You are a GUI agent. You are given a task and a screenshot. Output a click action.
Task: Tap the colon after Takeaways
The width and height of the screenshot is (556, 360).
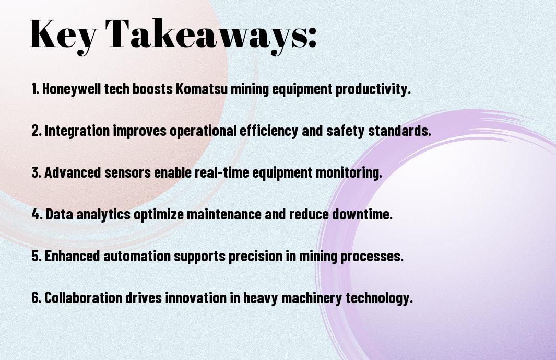tap(312, 38)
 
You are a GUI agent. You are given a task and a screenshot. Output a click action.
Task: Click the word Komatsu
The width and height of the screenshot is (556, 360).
tap(202, 89)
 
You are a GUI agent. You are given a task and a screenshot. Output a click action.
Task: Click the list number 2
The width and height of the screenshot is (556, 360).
tap(36, 131)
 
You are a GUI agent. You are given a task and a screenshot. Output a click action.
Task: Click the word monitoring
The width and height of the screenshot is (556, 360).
tap(349, 173)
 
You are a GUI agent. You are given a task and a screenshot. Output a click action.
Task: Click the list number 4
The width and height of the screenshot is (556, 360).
tap(37, 214)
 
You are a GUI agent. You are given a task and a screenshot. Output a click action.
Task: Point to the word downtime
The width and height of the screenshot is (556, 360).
tap(362, 214)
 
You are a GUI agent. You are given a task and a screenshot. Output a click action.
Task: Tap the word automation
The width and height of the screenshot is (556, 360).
tap(137, 256)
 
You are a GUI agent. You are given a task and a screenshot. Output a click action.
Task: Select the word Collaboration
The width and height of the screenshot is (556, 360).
tap(84, 297)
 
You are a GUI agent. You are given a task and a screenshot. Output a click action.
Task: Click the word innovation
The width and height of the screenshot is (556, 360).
tap(196, 297)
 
